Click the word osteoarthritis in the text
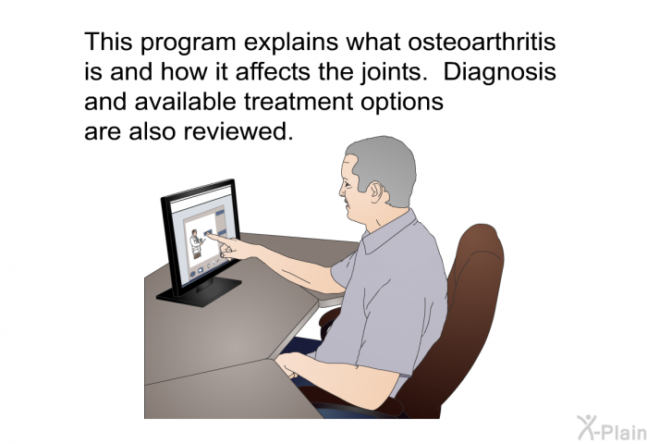point(482,42)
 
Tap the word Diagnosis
point(500,72)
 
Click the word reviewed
point(238,131)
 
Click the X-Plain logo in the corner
point(612,428)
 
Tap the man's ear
point(375,192)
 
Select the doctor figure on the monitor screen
point(196,243)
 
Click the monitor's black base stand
point(199,291)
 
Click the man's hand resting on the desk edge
point(290,364)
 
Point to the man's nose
point(342,191)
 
